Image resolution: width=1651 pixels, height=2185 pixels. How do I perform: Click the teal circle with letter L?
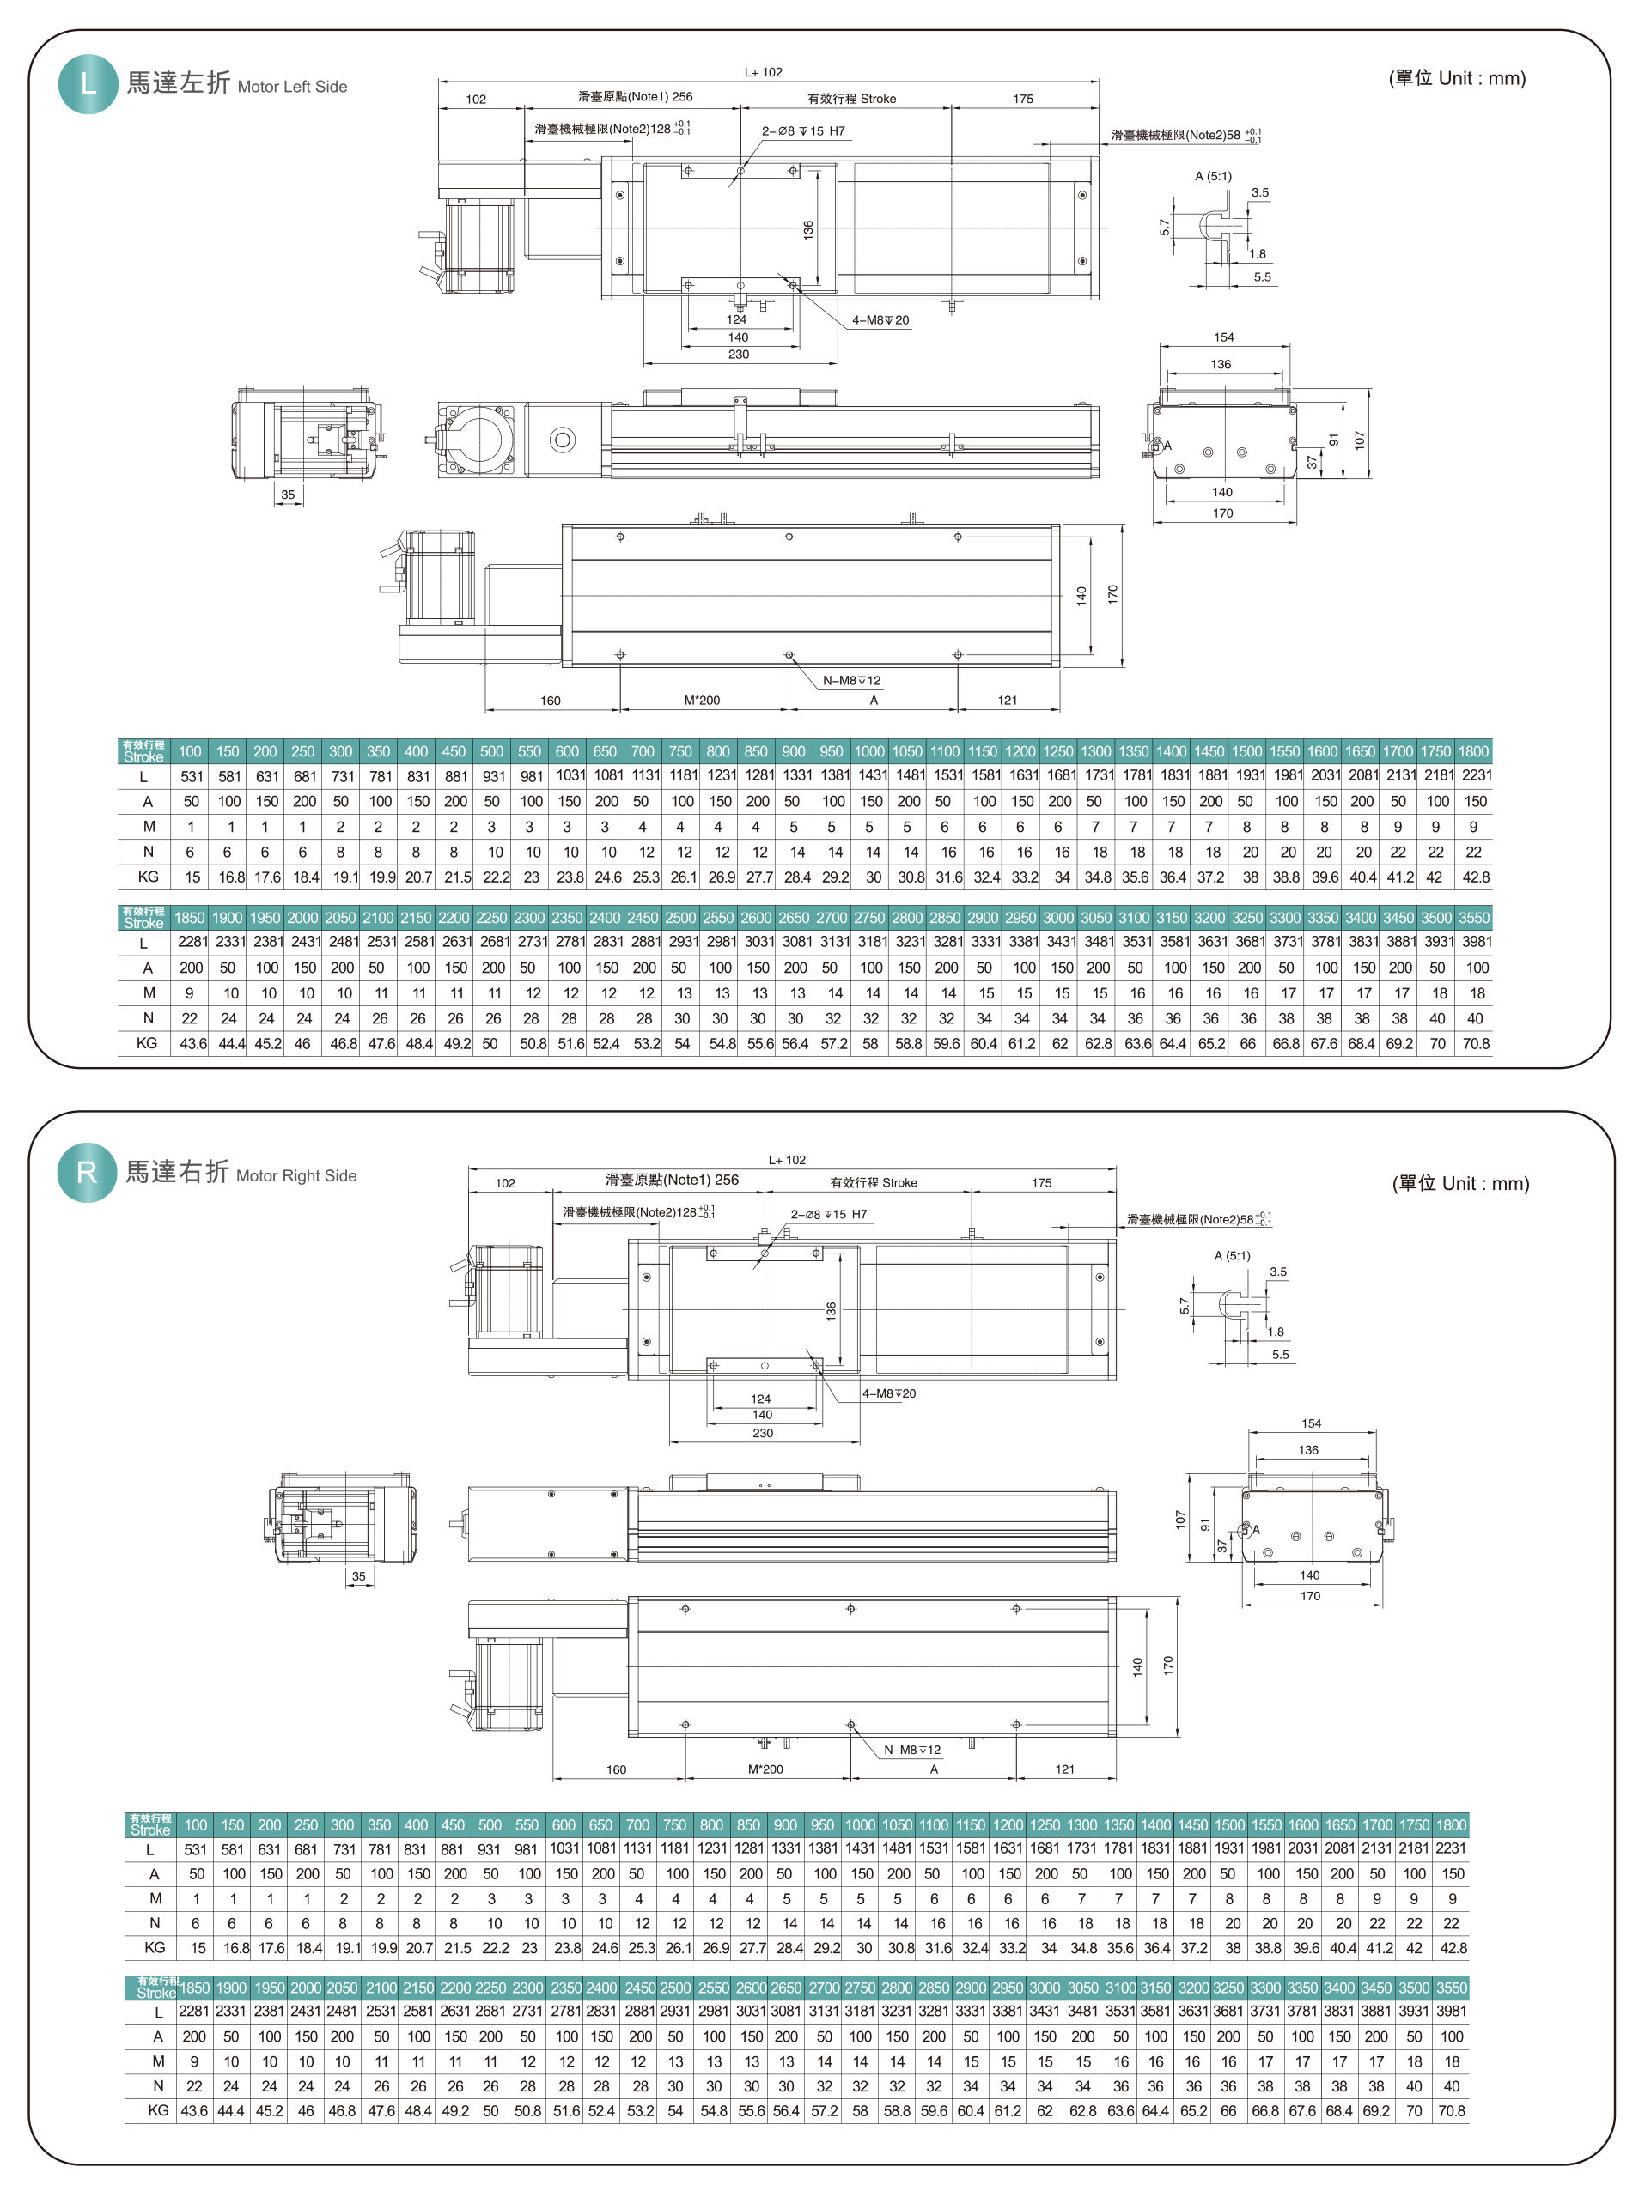click(x=88, y=84)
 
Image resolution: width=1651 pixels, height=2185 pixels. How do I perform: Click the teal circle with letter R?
click(x=87, y=1173)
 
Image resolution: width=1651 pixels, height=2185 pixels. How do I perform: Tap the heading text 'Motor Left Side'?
click(x=292, y=87)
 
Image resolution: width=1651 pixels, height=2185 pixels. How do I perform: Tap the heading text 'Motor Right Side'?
click(x=296, y=1175)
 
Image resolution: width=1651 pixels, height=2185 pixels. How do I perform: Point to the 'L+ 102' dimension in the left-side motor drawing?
click(x=763, y=72)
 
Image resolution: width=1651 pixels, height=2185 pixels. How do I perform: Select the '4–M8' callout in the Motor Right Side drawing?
click(x=888, y=1393)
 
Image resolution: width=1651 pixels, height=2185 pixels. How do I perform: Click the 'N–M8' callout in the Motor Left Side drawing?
click(x=851, y=681)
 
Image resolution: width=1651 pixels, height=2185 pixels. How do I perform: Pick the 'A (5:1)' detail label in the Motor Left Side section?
click(x=1213, y=176)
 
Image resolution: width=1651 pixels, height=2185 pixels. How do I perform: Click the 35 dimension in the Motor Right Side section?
click(x=359, y=1576)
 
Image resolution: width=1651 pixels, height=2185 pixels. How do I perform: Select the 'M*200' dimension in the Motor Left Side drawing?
click(x=703, y=701)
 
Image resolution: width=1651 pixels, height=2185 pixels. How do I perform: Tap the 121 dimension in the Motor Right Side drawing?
click(x=1064, y=1769)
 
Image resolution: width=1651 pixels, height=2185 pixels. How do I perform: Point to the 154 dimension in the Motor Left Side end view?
click(x=1224, y=337)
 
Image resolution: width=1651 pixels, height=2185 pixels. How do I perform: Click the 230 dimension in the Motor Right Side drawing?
click(x=763, y=1433)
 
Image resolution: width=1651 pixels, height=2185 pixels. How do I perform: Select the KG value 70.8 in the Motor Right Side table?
click(x=1452, y=2111)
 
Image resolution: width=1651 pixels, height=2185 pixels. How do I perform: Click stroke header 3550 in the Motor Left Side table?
click(x=1474, y=918)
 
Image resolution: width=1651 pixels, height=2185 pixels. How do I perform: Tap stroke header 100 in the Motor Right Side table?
click(x=196, y=1825)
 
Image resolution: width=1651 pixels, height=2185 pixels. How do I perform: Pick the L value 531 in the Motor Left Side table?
click(x=192, y=776)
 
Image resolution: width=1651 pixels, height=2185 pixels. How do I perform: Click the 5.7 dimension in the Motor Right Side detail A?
click(x=1184, y=1306)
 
